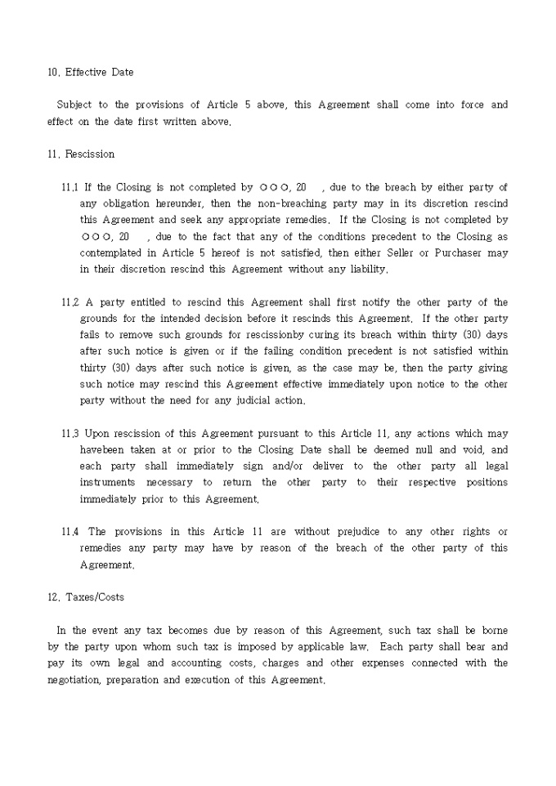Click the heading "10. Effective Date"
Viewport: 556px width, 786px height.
[x=90, y=72]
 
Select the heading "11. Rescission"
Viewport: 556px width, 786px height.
[x=81, y=154]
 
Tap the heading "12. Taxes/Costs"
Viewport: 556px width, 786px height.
[x=86, y=596]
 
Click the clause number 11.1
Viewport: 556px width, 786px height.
[x=70, y=187]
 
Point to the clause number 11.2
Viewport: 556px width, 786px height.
[x=70, y=302]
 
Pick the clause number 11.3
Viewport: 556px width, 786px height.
[x=70, y=433]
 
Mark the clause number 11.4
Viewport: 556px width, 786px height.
[x=70, y=532]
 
